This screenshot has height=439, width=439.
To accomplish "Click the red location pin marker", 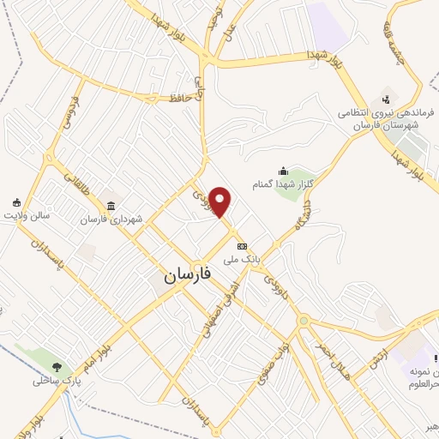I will (221, 201).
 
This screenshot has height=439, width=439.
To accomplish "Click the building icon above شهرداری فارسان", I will (111, 205).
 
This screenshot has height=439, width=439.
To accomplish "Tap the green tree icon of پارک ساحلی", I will (58, 367).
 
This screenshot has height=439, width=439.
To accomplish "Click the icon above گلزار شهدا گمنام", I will (283, 171).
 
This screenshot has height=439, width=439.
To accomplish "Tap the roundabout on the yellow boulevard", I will (302, 322).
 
